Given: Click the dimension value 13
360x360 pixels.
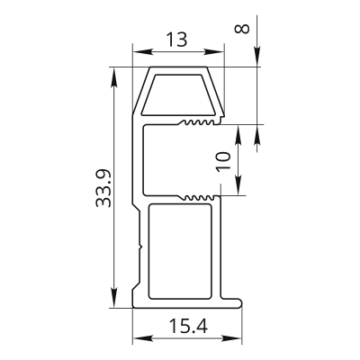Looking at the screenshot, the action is coord(177,40).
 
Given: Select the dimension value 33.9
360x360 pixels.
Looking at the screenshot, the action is coord(103,188).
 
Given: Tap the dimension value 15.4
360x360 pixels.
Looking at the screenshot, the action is coord(188,326).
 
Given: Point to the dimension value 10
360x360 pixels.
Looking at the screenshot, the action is coord(224,161).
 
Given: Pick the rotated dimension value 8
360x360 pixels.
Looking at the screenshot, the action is coord(242,29).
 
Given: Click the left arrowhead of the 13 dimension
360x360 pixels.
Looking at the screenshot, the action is coord(142,52).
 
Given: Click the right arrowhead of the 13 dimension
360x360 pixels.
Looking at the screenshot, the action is coord(214,52).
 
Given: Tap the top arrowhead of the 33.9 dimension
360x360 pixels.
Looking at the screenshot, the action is coord(114,77).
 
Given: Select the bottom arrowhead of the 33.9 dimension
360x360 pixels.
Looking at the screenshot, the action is coord(114,298).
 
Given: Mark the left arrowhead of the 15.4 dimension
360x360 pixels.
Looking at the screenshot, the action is coord(142,338).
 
